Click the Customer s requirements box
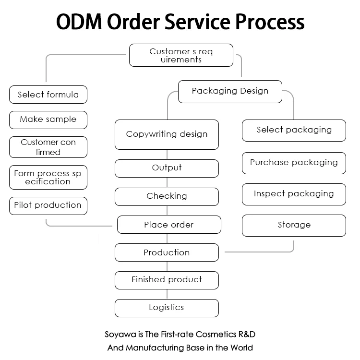[x=181, y=55]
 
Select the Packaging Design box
[x=230, y=91]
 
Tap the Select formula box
[x=48, y=95]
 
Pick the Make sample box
[x=48, y=120]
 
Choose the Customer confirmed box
[x=48, y=147]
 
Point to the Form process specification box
[x=48, y=178]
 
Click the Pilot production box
[x=48, y=205]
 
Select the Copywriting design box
[x=167, y=134]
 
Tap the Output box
[x=167, y=168]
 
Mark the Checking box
[x=167, y=196]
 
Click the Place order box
[x=169, y=225]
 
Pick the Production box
[x=167, y=252]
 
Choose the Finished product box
[x=167, y=280]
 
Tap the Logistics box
[x=167, y=308]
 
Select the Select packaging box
[x=294, y=130]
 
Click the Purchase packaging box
[x=294, y=163]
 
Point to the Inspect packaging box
[x=294, y=194]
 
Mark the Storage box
[x=294, y=225]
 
